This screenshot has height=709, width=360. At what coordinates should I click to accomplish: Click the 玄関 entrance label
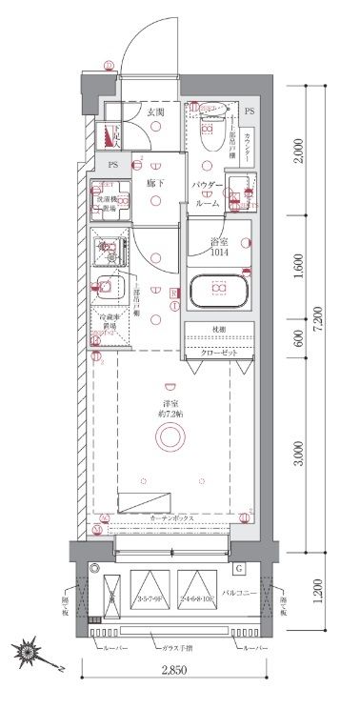[155, 112]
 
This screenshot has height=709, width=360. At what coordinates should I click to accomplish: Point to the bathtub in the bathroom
[220, 291]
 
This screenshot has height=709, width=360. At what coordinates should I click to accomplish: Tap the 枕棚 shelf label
[220, 331]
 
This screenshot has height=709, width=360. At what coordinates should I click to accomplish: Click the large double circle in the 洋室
[171, 437]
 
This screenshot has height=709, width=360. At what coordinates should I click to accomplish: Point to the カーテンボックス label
[172, 518]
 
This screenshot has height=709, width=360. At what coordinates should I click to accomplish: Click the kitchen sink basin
[107, 287]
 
